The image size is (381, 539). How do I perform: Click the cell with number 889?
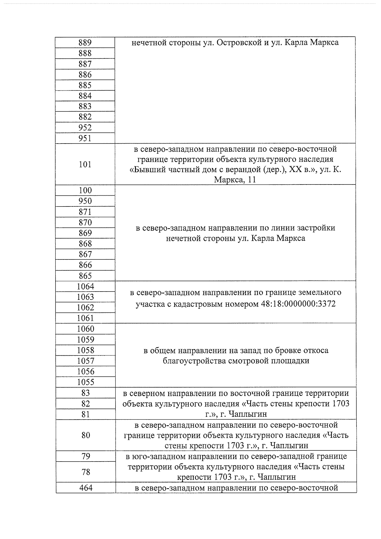[x=85, y=43]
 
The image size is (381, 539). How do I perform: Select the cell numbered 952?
[x=85, y=127]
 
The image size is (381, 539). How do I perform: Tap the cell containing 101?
[x=85, y=164]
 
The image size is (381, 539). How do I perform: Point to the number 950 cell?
[x=85, y=201]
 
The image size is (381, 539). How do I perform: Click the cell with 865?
[x=85, y=276]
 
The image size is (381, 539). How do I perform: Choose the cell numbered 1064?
[x=85, y=286]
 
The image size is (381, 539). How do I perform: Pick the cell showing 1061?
[x=85, y=318]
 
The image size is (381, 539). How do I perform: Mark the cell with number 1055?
[x=85, y=382]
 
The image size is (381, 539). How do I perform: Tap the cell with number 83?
[x=85, y=393]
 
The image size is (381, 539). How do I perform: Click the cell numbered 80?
[x=85, y=435]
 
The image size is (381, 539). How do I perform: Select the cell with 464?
[x=85, y=488]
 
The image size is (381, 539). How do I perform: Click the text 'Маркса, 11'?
[x=235, y=180]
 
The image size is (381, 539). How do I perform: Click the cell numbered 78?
[x=85, y=472]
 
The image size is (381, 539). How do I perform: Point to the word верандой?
[x=243, y=170]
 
